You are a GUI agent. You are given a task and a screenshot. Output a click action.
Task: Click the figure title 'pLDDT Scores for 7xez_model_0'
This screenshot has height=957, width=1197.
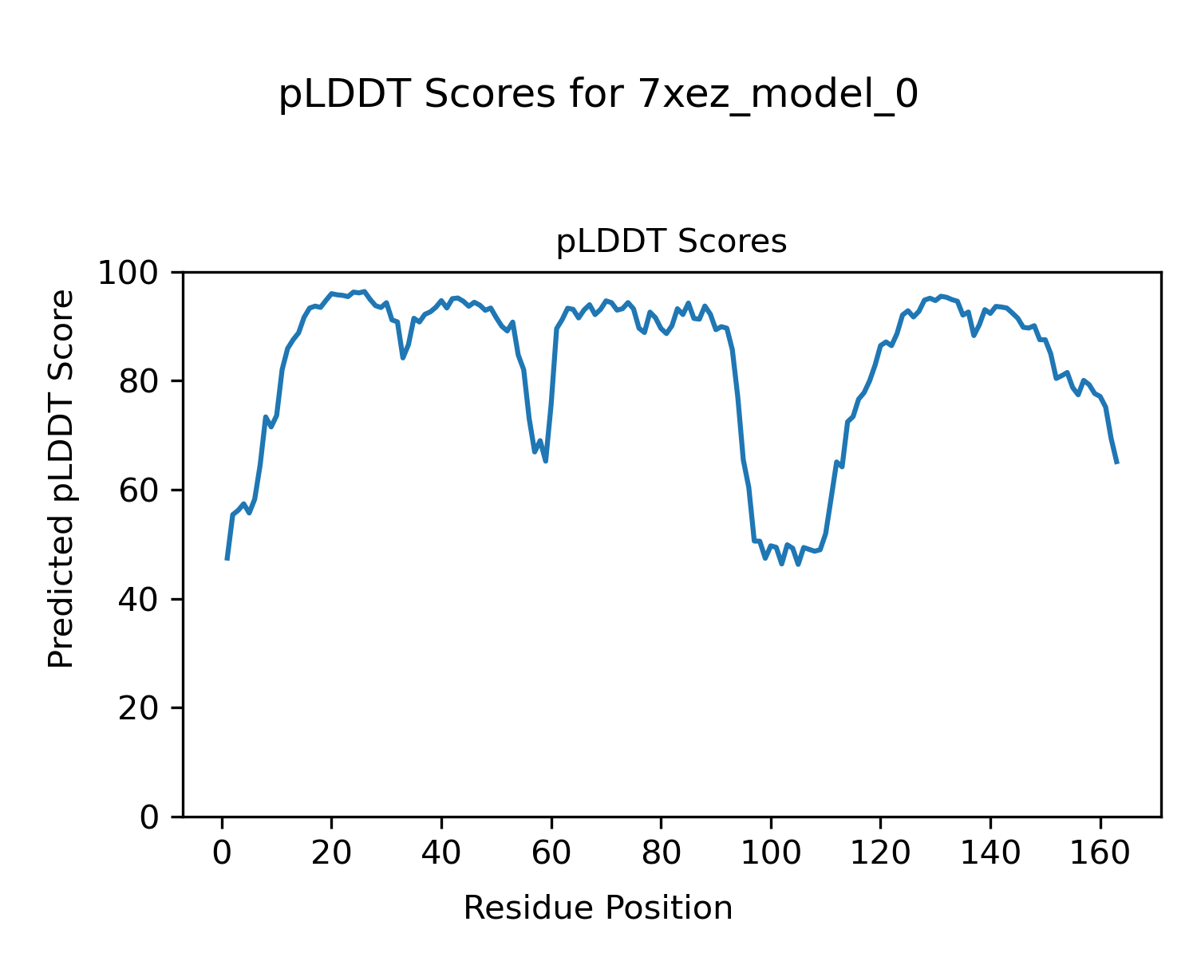pyautogui.click(x=598, y=96)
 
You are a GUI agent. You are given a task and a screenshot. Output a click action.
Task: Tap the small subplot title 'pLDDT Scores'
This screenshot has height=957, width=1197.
pyautogui.click(x=671, y=242)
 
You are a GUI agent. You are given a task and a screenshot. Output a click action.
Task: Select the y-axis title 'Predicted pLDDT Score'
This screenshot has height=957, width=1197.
pyautogui.click(x=61, y=478)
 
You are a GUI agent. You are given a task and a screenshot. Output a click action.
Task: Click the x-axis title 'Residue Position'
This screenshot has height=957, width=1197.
pyautogui.click(x=598, y=908)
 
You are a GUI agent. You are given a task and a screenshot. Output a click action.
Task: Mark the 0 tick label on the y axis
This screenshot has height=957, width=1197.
pyautogui.click(x=150, y=817)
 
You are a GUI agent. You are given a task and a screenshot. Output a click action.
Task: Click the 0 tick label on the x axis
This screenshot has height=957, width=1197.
pyautogui.click(x=222, y=853)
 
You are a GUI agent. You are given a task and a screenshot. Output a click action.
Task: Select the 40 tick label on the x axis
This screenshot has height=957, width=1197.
pyautogui.click(x=441, y=853)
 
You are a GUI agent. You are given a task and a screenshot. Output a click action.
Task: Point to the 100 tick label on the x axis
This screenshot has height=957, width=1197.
pyautogui.click(x=771, y=853)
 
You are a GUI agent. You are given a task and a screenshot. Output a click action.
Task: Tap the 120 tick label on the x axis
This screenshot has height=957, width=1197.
pyautogui.click(x=880, y=853)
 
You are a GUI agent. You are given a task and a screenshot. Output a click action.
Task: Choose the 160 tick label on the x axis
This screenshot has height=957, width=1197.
pyautogui.click(x=1100, y=853)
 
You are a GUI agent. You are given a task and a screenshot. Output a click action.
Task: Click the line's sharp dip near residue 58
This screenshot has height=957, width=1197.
pyautogui.click(x=545, y=460)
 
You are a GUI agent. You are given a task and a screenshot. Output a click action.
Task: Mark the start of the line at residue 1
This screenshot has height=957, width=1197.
pyautogui.click(x=227, y=558)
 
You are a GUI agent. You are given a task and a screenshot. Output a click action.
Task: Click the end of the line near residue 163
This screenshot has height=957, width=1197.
pyautogui.click(x=1116, y=462)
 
